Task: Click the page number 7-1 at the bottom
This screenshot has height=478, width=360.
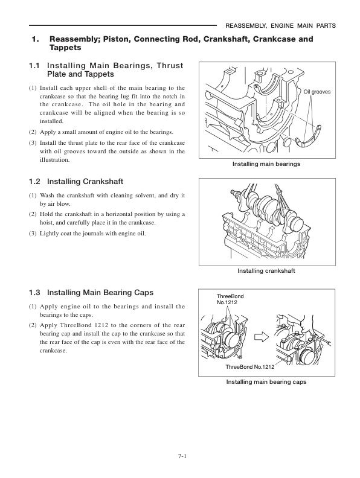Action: [x=180, y=456]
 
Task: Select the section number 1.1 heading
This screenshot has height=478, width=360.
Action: [x=36, y=65]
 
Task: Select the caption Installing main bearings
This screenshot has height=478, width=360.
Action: [x=266, y=164]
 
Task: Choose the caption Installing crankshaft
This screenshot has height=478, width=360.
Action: [x=266, y=271]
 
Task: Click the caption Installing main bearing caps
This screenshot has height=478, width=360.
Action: [x=266, y=382]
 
